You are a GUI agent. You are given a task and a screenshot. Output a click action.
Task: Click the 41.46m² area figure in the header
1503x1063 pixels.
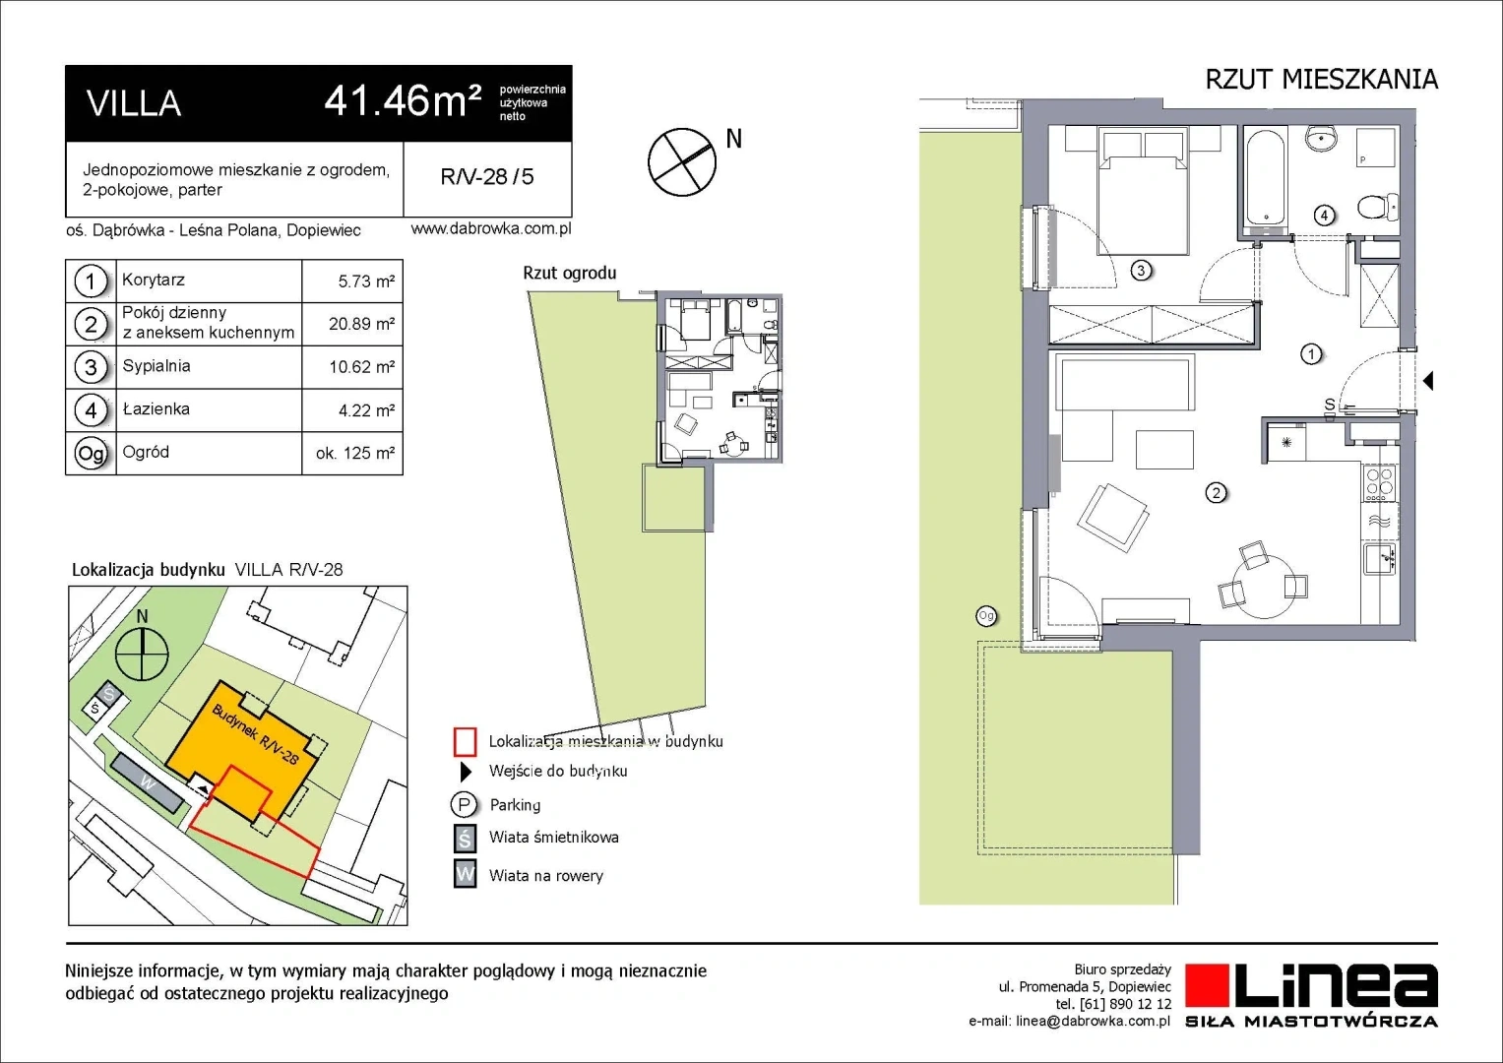point(403,102)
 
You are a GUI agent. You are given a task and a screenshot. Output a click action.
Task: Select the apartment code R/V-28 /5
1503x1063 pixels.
point(487,176)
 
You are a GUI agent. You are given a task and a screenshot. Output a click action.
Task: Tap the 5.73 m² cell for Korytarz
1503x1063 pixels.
point(366,281)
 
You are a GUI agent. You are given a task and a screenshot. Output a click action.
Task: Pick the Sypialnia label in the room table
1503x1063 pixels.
point(157,366)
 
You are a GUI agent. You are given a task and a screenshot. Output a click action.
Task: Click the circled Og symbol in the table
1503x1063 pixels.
point(91,454)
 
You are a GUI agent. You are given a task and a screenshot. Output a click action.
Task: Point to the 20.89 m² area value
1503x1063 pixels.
point(361,324)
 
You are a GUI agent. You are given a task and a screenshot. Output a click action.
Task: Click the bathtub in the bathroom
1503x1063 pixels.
point(1265,178)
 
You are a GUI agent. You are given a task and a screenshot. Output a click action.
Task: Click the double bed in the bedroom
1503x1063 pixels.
point(1143,193)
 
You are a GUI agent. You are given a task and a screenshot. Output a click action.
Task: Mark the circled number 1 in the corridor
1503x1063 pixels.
point(1311,353)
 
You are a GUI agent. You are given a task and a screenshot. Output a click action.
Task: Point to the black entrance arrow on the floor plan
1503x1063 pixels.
point(1428,381)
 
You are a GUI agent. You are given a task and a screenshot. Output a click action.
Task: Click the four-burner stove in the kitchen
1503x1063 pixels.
point(1380,482)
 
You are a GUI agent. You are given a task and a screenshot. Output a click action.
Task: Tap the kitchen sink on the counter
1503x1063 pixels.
point(1381,559)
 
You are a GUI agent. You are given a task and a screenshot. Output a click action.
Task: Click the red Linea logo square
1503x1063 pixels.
point(1207,985)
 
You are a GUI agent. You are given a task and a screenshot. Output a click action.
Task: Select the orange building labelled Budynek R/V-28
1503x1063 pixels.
point(245,745)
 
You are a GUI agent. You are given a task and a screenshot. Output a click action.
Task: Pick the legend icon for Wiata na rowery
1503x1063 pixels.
point(465,874)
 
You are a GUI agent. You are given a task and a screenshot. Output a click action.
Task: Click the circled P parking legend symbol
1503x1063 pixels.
point(464,804)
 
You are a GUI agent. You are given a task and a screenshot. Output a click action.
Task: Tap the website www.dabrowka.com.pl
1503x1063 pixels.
point(491,228)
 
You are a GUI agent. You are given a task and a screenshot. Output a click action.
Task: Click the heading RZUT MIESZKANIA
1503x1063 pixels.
point(1321,80)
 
